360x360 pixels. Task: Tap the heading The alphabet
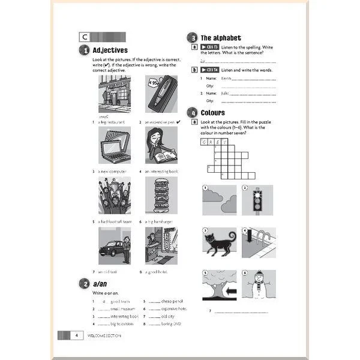[221, 37]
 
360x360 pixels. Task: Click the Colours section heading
[213, 112]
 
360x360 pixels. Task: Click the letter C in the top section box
[83, 37]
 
